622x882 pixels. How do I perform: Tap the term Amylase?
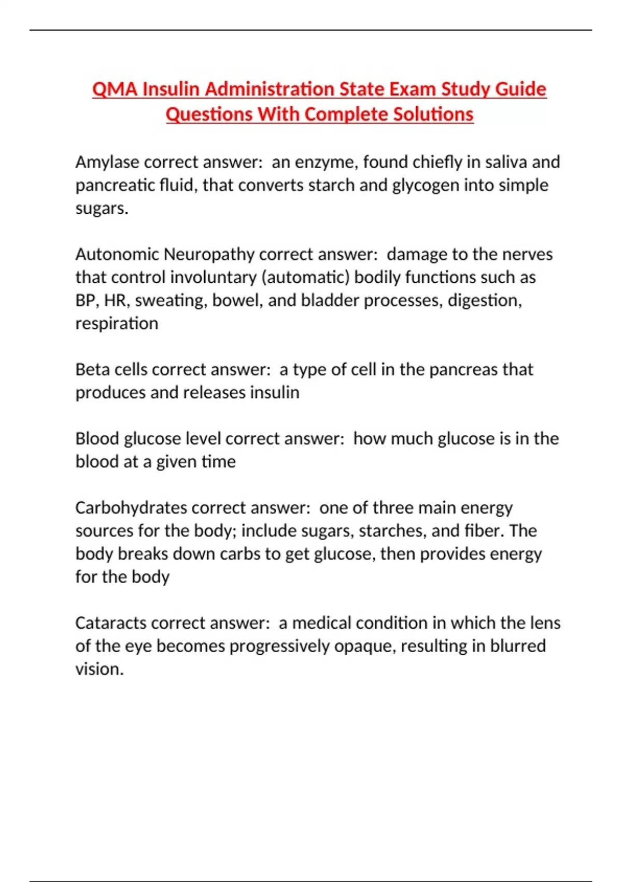pyautogui.click(x=107, y=162)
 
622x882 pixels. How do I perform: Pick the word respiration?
pyautogui.click(x=117, y=324)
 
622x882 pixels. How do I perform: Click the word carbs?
pyautogui.click(x=240, y=554)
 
